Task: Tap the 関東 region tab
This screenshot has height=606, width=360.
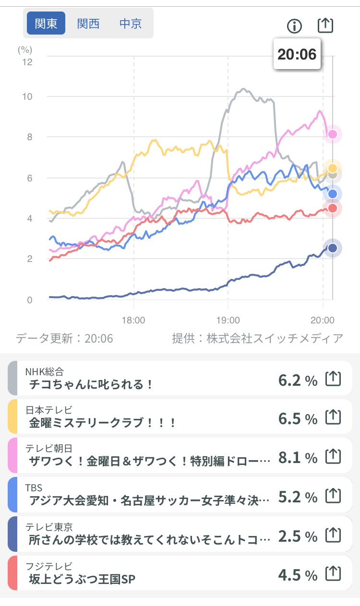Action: (x=46, y=23)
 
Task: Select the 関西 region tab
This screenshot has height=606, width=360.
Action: (x=88, y=24)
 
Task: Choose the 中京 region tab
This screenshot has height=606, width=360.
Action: (x=131, y=24)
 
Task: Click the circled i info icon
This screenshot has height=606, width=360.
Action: (x=294, y=26)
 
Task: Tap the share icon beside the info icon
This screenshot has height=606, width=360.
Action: (x=325, y=25)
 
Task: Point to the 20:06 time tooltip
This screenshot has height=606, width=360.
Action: (x=297, y=54)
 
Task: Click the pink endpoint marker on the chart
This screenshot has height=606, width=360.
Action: (x=332, y=134)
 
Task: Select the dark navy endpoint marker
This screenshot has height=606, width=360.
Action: (x=332, y=248)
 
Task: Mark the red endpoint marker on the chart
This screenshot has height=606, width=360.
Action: (x=332, y=208)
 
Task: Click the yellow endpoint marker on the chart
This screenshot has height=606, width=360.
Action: (x=332, y=168)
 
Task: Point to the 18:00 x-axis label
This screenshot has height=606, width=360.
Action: (x=133, y=321)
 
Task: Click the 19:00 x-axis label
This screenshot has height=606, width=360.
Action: (x=228, y=321)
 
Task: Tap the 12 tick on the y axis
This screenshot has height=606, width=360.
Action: (x=27, y=62)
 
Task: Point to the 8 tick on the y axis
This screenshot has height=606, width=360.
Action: (x=29, y=137)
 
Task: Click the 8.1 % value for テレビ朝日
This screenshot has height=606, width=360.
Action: (x=298, y=458)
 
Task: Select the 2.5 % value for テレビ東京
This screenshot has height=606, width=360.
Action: (x=298, y=536)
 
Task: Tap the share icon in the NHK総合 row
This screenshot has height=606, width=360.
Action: (x=333, y=379)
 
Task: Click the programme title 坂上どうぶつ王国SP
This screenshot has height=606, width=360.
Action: (x=82, y=579)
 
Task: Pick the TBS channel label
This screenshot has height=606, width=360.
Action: (x=34, y=488)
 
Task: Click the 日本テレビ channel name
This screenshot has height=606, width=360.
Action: (x=49, y=410)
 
